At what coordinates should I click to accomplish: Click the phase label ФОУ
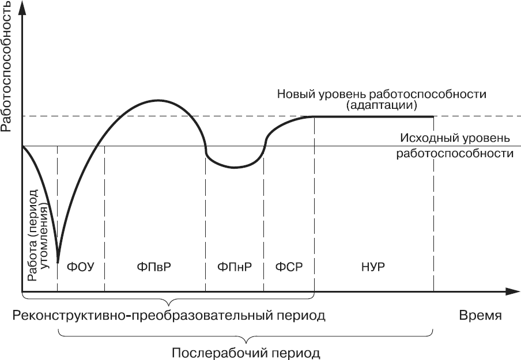[81, 267]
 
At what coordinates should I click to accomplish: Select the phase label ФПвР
[154, 267]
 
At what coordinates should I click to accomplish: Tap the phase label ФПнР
[235, 267]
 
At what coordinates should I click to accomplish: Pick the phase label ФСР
[289, 267]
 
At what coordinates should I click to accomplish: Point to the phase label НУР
[373, 267]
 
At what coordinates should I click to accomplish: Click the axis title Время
[480, 315]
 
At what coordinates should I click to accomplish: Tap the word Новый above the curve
[296, 94]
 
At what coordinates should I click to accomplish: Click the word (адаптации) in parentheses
[381, 105]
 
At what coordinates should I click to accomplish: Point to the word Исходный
[426, 138]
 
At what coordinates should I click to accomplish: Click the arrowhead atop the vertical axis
[22, 7]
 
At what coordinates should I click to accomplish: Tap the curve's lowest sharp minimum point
[58, 262]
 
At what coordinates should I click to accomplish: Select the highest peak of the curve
[157, 100]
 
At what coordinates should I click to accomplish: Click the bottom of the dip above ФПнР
[234, 168]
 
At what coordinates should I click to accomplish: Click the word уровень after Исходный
[482, 138]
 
